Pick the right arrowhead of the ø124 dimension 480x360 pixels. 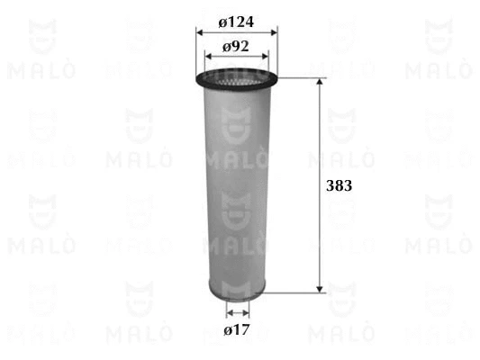coord(274,31)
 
